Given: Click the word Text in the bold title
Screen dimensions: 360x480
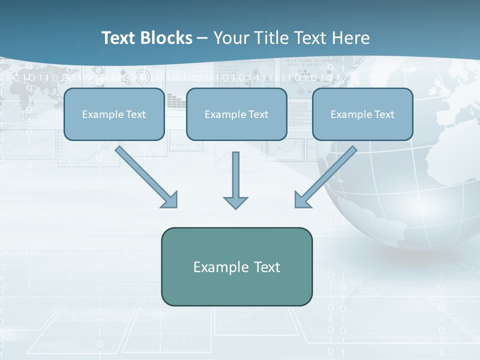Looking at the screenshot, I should pos(118,38).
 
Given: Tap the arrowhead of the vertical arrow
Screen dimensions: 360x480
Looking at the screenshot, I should pos(235,202).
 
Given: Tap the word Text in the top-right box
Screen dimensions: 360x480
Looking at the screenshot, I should pos(384,114).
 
